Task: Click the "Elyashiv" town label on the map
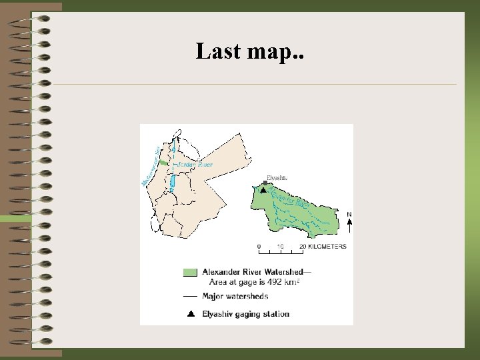pos(276,177)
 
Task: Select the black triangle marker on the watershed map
pos(263,190)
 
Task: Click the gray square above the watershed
pos(265,183)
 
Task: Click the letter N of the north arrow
pos(349,214)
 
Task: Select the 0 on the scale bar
pos(259,247)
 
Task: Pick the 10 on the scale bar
pos(280,247)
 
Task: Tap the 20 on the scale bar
pos(302,247)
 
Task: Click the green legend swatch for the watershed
pos(190,272)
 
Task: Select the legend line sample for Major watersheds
pos(190,296)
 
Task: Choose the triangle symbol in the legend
pos(190,313)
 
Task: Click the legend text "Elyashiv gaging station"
pos(245,313)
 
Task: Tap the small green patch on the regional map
pos(163,163)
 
